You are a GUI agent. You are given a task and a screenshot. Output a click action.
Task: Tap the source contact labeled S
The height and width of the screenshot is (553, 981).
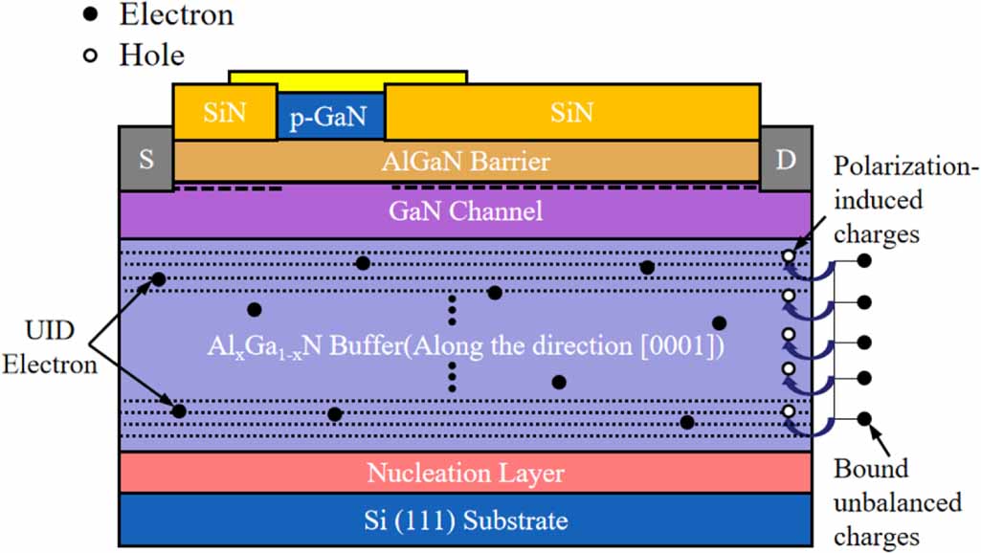pyautogui.click(x=145, y=159)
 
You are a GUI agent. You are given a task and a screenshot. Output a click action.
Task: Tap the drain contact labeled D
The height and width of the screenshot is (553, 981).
pyautogui.click(x=786, y=159)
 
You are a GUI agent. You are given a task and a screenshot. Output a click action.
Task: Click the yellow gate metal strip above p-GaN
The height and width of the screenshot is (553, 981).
pyautogui.click(x=347, y=77)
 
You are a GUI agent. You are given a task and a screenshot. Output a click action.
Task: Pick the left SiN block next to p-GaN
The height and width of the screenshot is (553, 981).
pyautogui.click(x=224, y=112)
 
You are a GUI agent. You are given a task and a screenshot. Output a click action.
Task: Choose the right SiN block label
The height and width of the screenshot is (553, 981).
pyautogui.click(x=571, y=112)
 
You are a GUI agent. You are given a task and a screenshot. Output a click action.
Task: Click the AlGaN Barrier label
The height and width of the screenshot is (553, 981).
pyautogui.click(x=465, y=161)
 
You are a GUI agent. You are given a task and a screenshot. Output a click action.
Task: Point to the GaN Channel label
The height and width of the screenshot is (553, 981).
pyautogui.click(x=465, y=210)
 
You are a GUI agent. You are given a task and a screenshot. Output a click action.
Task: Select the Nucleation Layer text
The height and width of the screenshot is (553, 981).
pyautogui.click(x=465, y=473)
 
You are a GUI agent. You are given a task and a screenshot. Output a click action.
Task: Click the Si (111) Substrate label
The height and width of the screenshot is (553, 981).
pyautogui.click(x=465, y=520)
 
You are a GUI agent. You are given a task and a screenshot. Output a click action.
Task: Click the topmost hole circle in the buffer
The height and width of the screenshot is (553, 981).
pyautogui.click(x=788, y=256)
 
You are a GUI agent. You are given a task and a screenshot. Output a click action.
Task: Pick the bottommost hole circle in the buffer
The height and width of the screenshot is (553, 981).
pyautogui.click(x=788, y=412)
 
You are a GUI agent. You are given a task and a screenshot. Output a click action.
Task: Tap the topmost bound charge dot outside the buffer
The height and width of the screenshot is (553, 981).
pyautogui.click(x=864, y=260)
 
